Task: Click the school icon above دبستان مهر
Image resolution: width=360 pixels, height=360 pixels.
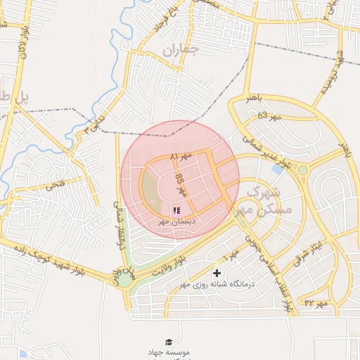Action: [176, 210]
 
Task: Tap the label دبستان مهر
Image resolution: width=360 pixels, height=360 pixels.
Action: [176, 221]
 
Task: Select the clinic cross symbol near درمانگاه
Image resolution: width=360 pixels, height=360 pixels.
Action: [217, 273]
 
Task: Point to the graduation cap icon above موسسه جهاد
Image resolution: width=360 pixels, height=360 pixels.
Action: [168, 342]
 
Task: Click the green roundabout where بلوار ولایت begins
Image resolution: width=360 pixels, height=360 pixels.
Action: [124, 279]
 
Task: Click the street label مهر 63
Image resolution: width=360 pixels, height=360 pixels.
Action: [269, 115]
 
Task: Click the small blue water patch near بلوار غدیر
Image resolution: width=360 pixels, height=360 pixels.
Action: [278, 169]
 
